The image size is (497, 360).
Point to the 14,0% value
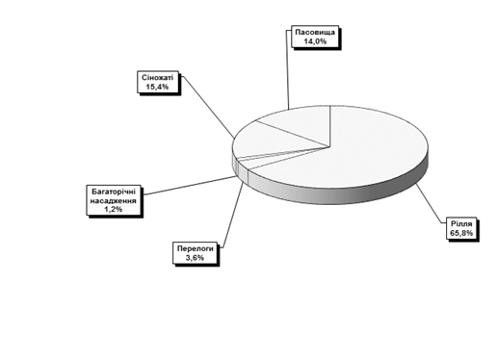coord(315,41)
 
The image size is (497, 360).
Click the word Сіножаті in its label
coord(157,78)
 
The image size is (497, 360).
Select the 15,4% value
coord(157,87)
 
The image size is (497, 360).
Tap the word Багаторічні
coord(114,192)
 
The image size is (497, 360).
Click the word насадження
coord(113,201)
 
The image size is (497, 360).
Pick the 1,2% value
coord(113,209)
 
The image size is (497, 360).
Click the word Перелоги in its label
coord(196,248)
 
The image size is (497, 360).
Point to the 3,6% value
coord(195,257)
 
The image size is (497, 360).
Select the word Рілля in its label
coord(461,223)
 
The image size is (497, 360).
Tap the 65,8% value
coord(461,233)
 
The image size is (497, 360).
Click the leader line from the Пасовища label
coord(287,70)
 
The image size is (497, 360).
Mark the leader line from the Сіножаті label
coord(208,107)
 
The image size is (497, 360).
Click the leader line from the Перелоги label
coord(232,216)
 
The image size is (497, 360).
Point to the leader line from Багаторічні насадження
coord(190,186)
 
